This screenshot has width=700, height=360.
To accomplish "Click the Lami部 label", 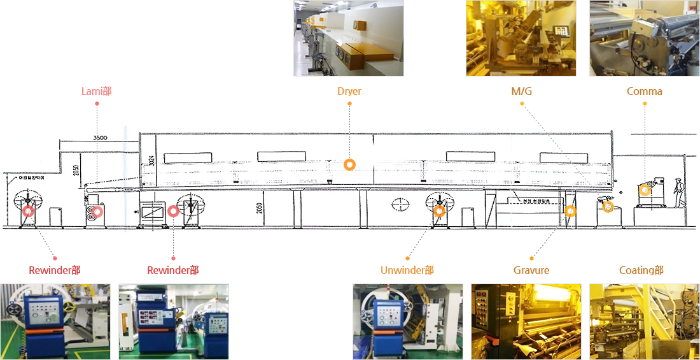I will click(97, 91).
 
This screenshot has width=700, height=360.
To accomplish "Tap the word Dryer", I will click(349, 91).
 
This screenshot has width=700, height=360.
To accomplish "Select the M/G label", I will click(521, 91).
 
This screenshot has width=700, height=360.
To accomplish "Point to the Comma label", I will click(644, 91).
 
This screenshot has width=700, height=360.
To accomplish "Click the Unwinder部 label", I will click(407, 270).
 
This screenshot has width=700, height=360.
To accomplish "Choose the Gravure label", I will click(531, 270).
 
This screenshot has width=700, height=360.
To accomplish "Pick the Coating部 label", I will click(641, 270).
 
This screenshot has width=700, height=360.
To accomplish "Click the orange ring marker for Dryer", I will click(349, 164).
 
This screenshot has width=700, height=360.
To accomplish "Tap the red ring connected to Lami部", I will click(97, 211).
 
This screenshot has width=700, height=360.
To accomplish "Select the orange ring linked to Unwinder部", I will click(439, 211).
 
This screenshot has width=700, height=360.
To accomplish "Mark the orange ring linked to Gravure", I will click(571, 211).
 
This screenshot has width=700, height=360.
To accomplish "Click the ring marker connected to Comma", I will click(645, 189).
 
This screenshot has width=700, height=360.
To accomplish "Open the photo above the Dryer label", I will click(348, 38).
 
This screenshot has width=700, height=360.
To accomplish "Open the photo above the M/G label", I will click(521, 38).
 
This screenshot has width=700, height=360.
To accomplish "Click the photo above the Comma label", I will click(644, 38).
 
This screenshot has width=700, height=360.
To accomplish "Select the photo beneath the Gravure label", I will click(526, 322).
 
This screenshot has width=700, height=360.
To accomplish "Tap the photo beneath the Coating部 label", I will click(644, 322).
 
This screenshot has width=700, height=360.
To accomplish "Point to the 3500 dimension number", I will click(100, 137).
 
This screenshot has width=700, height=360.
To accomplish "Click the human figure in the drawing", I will click(679, 192).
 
